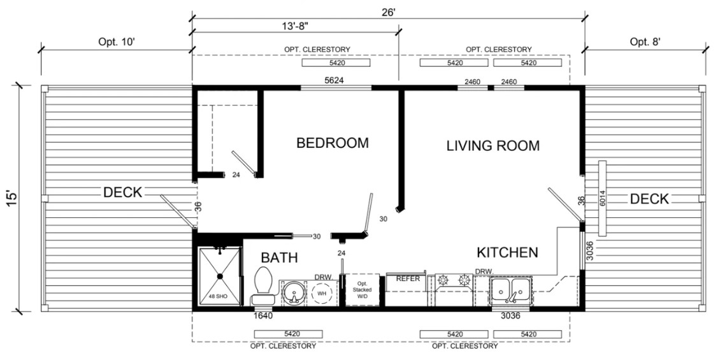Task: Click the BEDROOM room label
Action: [332, 143]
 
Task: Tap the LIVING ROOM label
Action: [492, 145]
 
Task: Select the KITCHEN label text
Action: [507, 252]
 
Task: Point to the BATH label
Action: [279, 258]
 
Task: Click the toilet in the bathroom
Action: [262, 287]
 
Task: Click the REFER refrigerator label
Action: [408, 278]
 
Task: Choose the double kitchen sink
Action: [511, 290]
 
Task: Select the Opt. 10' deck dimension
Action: [117, 41]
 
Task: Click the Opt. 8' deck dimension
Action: [645, 41]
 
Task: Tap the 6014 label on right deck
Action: [602, 199]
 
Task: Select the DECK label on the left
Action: [122, 192]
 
